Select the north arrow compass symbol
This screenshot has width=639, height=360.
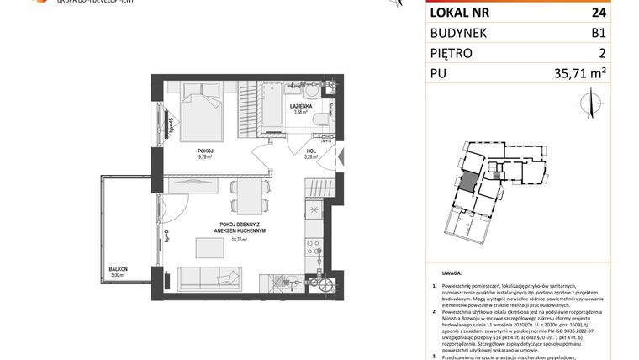point(589,104)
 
